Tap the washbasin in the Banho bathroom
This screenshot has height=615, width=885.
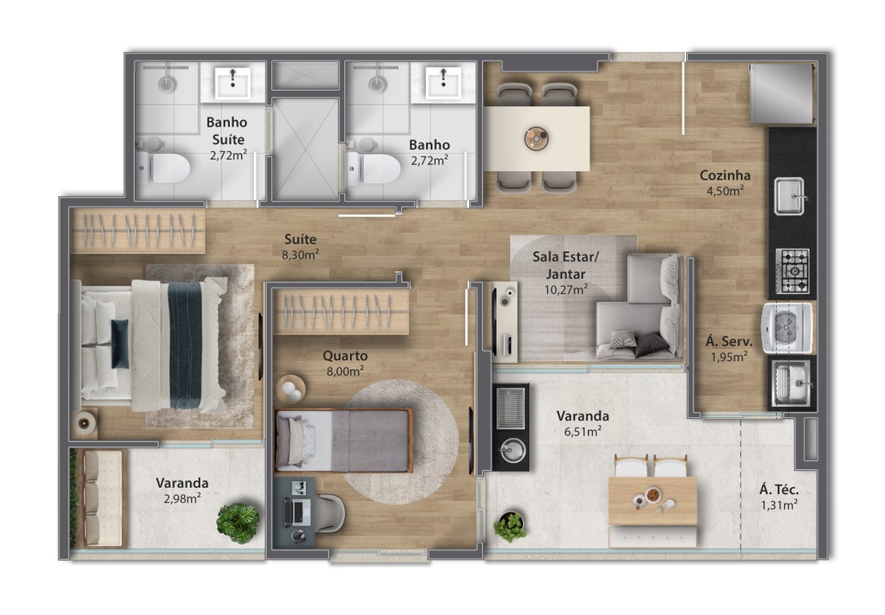point(443,82)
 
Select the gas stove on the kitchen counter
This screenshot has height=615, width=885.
point(793,271)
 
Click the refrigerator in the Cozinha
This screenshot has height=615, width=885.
point(781,93)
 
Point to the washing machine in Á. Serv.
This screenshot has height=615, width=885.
point(786,328)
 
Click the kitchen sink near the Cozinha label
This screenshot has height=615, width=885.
point(790,196)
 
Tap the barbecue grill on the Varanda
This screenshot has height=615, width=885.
point(510,408)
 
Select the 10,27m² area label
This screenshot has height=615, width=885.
point(566,290)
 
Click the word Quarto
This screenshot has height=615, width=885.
point(345,356)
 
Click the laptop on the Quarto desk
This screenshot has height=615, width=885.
point(297,510)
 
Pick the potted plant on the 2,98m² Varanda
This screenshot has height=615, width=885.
point(239,523)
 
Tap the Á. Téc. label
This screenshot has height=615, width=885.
point(779,490)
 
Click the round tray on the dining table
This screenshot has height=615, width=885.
point(536,137)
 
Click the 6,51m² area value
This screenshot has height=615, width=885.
point(583,432)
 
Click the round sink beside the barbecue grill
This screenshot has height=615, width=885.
point(513,450)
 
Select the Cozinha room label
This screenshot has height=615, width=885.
point(725,174)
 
